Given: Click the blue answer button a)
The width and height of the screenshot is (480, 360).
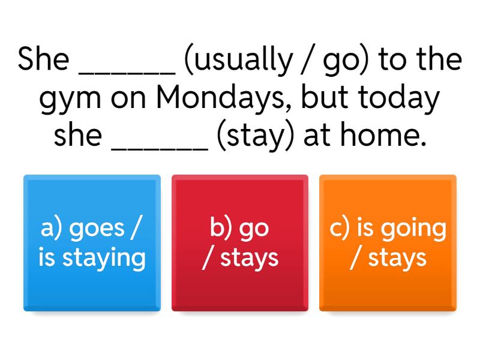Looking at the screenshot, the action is click(92, 243).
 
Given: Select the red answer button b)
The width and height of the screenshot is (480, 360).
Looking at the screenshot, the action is click(240, 243).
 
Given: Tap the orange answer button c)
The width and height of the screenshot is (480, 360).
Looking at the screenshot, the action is click(388, 243).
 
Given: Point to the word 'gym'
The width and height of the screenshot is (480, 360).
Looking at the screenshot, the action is click(70, 100).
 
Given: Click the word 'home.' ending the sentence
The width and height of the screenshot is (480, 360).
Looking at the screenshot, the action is click(383, 134).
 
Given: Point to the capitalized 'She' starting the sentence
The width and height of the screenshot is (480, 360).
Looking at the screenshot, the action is click(43, 58).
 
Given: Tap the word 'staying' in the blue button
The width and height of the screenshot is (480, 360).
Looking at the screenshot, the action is click(104, 259).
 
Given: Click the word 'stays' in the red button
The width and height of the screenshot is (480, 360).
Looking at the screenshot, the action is click(249, 259).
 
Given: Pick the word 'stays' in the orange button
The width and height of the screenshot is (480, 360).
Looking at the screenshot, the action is click(397, 259).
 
